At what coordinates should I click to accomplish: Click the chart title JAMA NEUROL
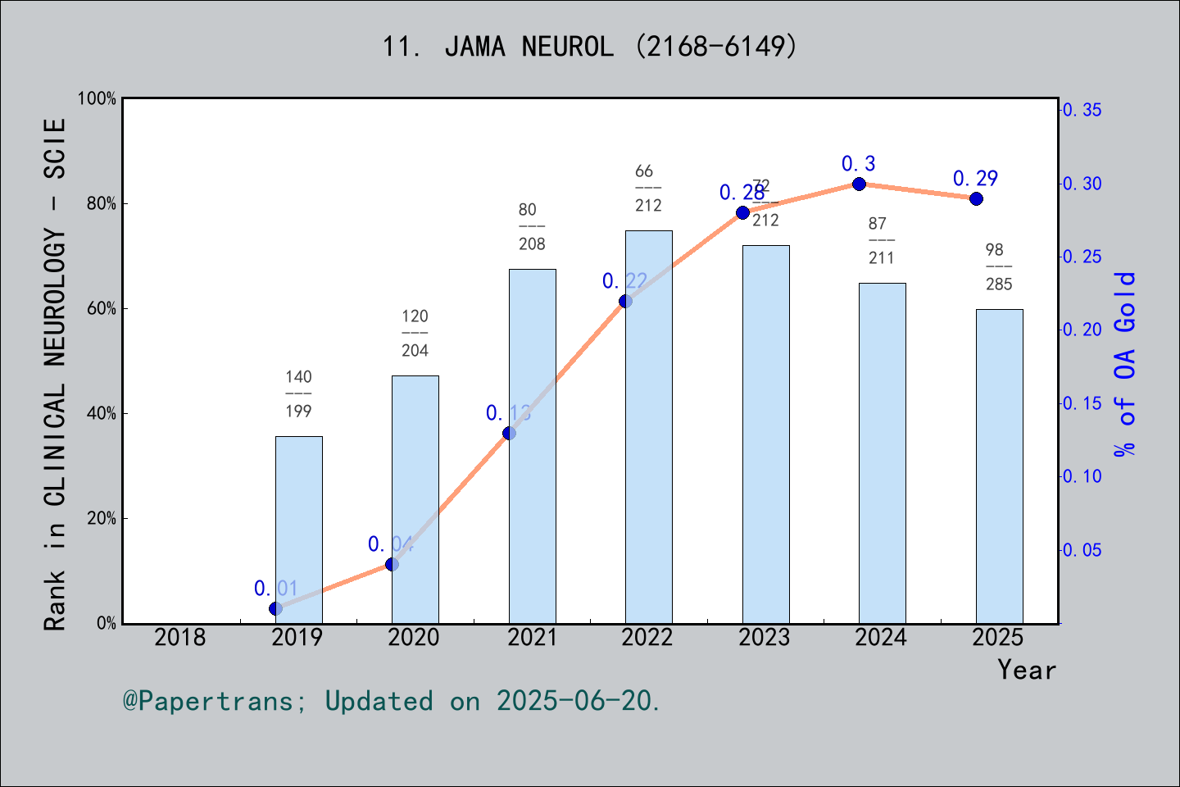(x=589, y=47)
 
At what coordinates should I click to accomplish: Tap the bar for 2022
(x=648, y=426)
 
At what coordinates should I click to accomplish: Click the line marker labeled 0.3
(x=859, y=184)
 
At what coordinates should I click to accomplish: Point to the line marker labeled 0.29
(x=976, y=199)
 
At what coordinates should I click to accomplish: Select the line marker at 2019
(x=275, y=608)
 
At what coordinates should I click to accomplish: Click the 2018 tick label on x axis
(x=180, y=637)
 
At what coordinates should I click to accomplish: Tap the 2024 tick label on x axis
(x=881, y=637)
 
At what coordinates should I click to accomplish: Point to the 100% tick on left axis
(x=97, y=98)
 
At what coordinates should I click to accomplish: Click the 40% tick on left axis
(x=101, y=414)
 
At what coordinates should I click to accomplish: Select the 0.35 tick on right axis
(x=1082, y=110)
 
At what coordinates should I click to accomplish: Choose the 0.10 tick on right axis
(x=1082, y=476)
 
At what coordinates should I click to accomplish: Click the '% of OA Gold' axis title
(x=1125, y=364)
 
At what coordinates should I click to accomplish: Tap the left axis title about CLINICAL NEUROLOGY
(x=54, y=374)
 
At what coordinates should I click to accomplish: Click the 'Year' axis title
(x=1026, y=670)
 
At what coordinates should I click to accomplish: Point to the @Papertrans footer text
(x=392, y=701)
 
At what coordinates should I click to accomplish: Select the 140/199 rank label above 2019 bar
(x=298, y=393)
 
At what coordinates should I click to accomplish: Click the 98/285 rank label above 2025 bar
(x=998, y=266)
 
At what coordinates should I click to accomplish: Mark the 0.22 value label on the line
(x=624, y=281)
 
